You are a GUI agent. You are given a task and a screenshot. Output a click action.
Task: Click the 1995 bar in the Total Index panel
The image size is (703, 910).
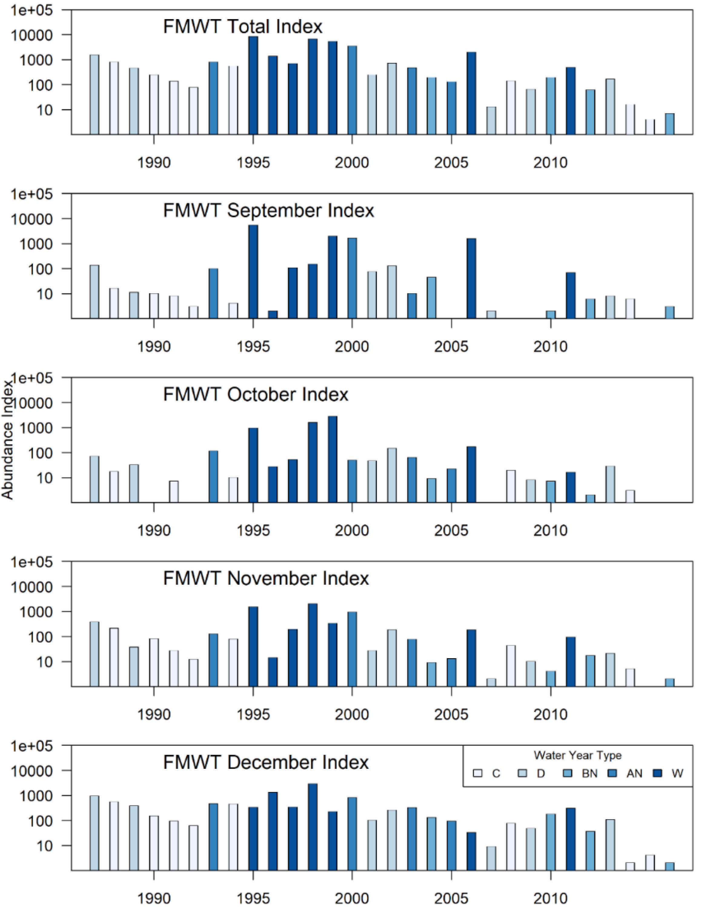253,85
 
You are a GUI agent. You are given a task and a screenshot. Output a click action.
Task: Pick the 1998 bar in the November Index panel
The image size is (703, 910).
313,645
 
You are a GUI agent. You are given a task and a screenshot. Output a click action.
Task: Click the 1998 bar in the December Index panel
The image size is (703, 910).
313,827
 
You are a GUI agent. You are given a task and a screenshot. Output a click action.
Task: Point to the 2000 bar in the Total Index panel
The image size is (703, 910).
352,90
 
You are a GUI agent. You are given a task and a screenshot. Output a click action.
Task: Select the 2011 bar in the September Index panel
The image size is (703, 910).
571,295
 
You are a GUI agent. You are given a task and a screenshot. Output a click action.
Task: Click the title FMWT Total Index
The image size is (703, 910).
243,27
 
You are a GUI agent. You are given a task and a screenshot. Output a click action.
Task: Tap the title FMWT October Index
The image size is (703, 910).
256,395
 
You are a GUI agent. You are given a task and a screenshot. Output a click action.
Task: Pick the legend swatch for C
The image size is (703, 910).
477,773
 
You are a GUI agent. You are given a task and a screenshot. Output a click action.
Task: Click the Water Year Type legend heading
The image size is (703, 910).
578,755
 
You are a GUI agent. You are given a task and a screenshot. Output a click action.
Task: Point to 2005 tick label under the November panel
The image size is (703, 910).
451,715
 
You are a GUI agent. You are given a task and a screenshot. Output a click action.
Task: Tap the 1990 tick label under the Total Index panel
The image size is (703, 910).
154,162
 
